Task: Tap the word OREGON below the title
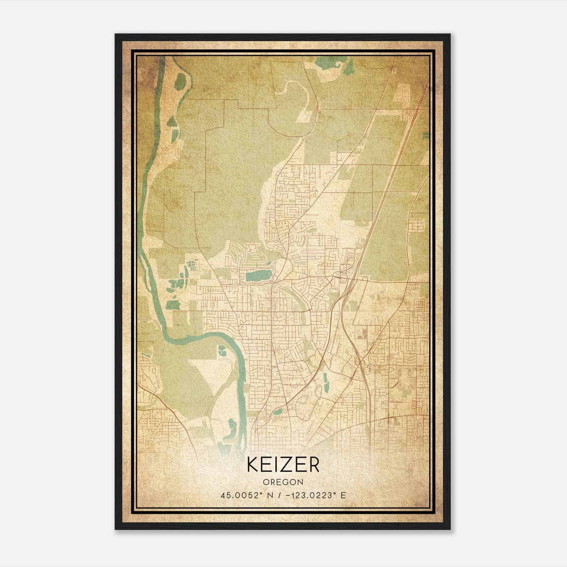283,482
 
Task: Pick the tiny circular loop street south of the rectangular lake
296,308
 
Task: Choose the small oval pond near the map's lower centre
278,411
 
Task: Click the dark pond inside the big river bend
222,350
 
